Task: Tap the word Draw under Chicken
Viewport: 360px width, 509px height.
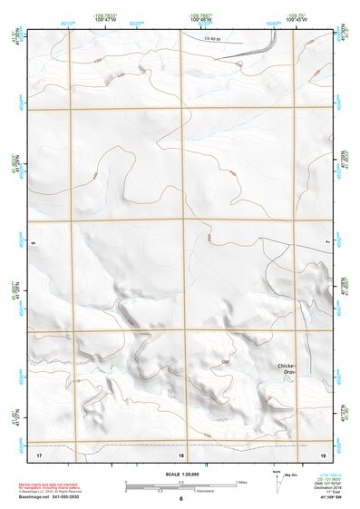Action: pos(290,372)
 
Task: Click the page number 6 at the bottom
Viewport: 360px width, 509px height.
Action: pos(180,499)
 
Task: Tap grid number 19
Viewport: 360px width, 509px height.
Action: pos(323,454)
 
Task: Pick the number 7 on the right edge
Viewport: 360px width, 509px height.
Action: pos(327,242)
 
